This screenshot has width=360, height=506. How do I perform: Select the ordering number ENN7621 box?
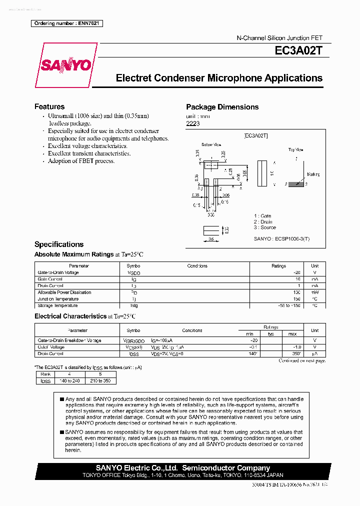[66, 23]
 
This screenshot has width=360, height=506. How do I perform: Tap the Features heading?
[49, 106]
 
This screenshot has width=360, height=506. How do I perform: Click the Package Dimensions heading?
[222, 107]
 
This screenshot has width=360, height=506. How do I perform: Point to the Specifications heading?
[58, 244]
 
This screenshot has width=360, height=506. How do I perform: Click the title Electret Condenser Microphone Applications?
[219, 78]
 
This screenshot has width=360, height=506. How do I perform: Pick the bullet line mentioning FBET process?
[81, 161]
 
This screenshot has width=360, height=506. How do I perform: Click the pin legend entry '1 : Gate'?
[262, 216]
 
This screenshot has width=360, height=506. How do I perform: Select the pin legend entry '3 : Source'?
[264, 227]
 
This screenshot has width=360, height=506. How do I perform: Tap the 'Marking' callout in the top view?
[313, 174]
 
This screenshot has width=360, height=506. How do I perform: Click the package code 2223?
[193, 123]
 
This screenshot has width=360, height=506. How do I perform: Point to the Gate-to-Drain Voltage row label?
[58, 272]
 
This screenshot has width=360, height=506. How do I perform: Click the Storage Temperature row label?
[57, 305]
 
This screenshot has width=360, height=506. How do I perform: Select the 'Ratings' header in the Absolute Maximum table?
[278, 266]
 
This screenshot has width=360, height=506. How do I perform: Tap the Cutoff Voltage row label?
[51, 347]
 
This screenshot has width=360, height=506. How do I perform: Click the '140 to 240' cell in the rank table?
[69, 381]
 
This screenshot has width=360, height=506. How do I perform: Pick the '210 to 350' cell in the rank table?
[100, 381]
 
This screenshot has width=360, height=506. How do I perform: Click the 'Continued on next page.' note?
[301, 360]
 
